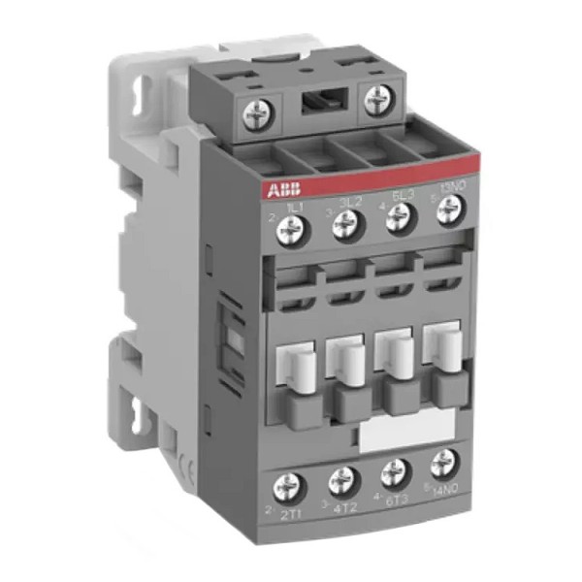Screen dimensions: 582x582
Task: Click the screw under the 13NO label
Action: point(446,208)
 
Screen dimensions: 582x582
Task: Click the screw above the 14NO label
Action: point(445,463)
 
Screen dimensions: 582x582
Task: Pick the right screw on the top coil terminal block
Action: point(377,99)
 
